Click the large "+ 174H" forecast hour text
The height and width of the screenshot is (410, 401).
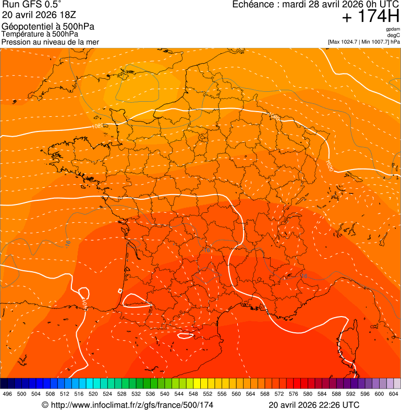(x=371, y=17)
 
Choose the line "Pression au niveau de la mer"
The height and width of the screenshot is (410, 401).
(x=50, y=42)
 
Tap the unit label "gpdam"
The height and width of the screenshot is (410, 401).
(x=393, y=29)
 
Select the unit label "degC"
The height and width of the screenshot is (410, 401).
(x=394, y=35)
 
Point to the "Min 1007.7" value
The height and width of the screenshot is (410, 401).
(x=375, y=41)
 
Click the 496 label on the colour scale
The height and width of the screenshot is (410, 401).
(x=7, y=394)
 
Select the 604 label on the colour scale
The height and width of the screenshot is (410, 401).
(x=394, y=394)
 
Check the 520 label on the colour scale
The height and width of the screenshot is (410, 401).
(x=93, y=394)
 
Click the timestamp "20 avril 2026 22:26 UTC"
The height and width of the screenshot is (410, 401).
(x=313, y=405)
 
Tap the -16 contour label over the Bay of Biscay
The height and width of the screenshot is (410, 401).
(x=68, y=243)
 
